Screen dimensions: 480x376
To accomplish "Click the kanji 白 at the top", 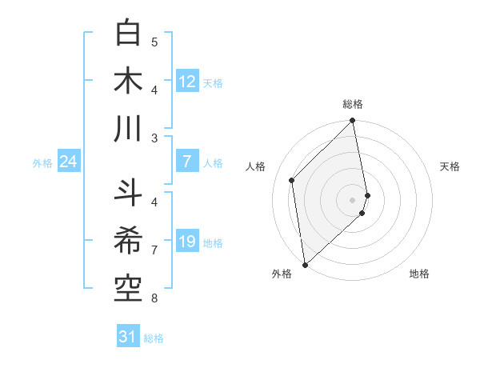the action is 129,34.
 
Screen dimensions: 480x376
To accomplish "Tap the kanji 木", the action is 129,80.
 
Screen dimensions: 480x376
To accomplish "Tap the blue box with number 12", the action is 187,82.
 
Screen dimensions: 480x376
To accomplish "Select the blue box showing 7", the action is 187,162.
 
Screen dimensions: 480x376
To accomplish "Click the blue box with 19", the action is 187,242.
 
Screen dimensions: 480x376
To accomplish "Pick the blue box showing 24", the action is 69,162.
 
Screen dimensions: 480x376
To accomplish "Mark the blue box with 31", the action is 128,337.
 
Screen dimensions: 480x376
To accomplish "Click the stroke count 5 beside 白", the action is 154,42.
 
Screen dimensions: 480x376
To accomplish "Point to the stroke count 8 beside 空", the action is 154,298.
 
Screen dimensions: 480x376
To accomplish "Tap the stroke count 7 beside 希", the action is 154,250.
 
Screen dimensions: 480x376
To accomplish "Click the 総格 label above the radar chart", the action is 353,104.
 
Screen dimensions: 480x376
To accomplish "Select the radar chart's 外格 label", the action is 282,274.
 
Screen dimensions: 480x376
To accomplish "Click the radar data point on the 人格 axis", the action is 292,180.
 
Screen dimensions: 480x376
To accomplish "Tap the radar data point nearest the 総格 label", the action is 353,122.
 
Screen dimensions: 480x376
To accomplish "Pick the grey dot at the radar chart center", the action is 353,199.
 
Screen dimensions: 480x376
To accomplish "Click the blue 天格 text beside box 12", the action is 213,83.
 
